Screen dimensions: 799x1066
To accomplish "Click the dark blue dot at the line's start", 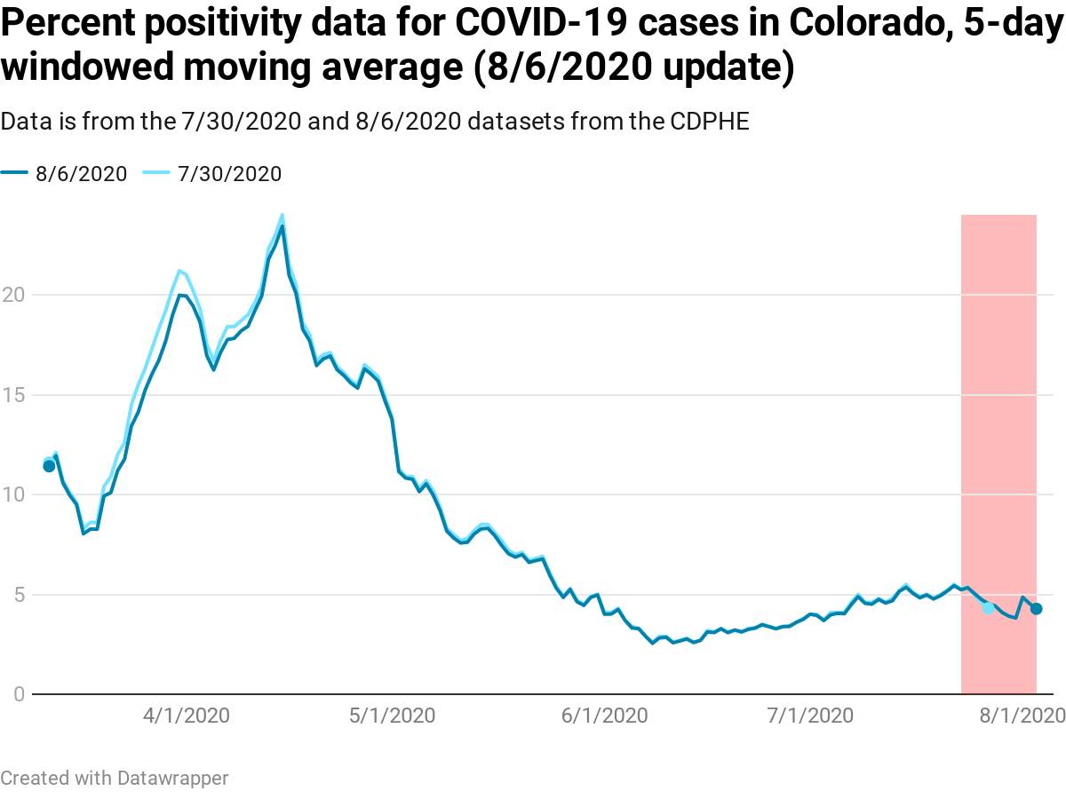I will pyautogui.click(x=49, y=466).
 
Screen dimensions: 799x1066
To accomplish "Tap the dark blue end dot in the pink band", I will pyautogui.click(x=1036, y=608).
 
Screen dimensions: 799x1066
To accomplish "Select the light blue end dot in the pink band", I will pyautogui.click(x=988, y=608).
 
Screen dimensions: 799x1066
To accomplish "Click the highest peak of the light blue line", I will pyautogui.click(x=282, y=215).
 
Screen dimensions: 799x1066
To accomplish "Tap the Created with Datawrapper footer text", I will pyautogui.click(x=115, y=778).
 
